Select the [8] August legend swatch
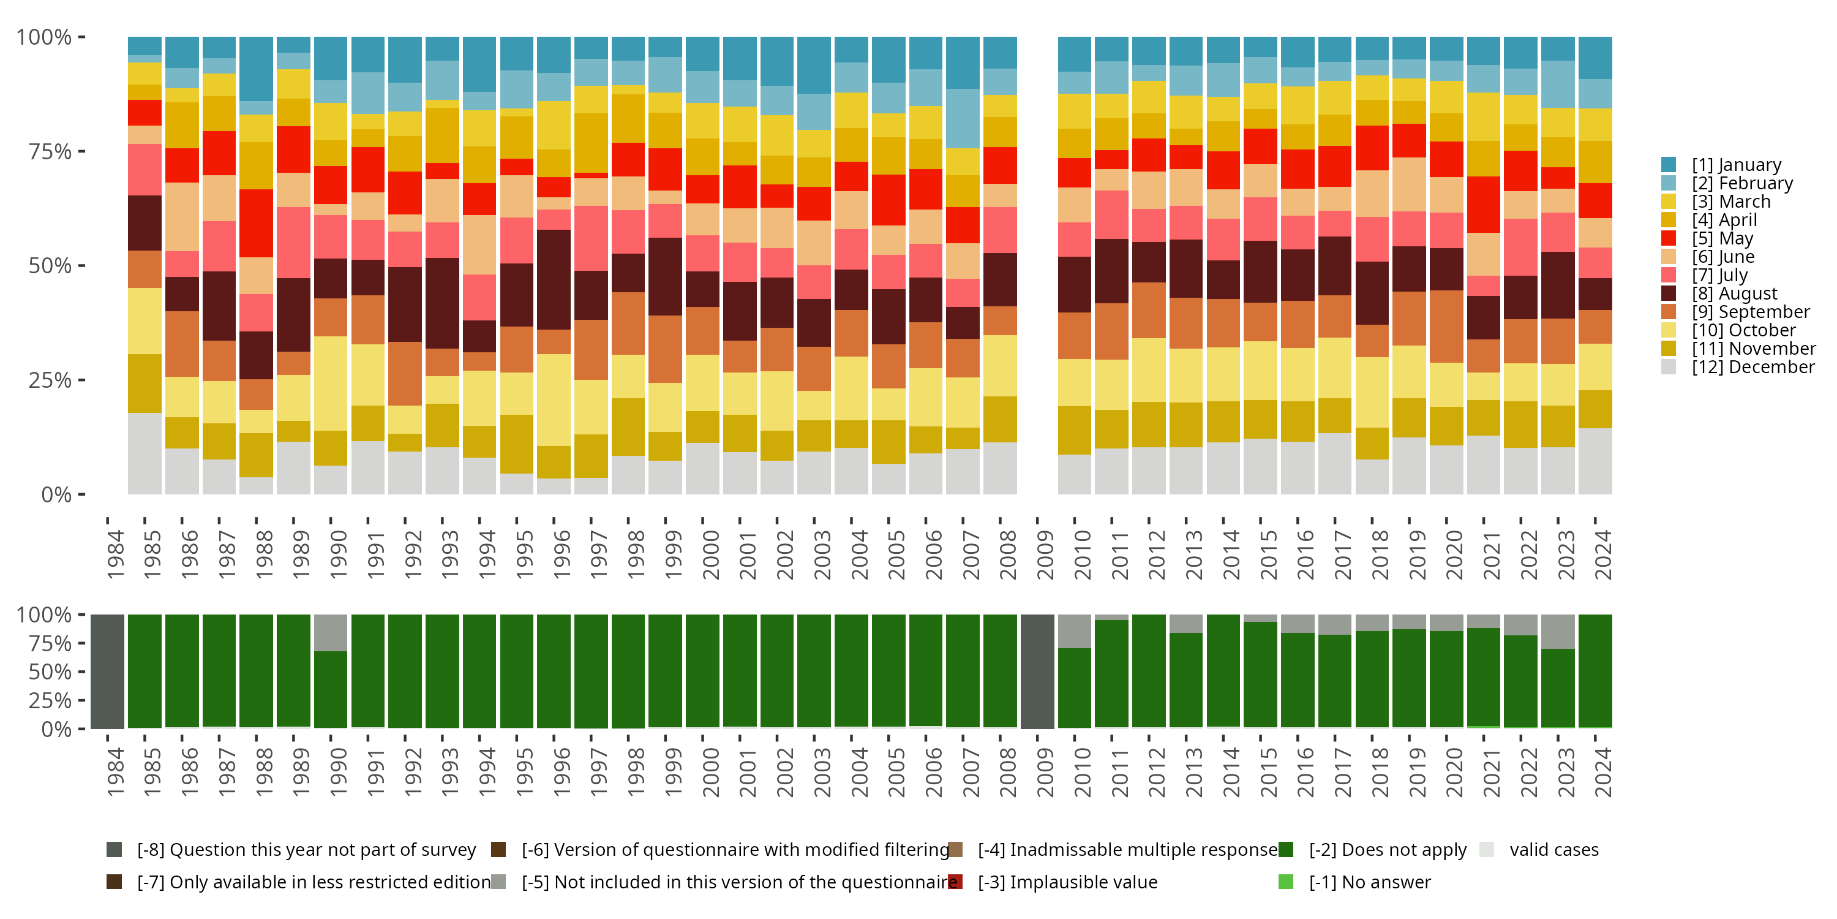click(x=1669, y=293)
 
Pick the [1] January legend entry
click(x=1736, y=165)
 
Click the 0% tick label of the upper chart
click(x=56, y=494)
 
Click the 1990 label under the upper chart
click(x=338, y=554)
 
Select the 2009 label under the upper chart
click(x=1044, y=554)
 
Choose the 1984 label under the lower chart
click(x=115, y=773)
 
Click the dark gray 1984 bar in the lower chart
click(x=108, y=671)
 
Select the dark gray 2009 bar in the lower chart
click(x=1037, y=671)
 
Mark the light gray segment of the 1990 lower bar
click(x=331, y=632)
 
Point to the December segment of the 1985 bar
click(x=145, y=453)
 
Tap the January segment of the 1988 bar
click(x=256, y=69)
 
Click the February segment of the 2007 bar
click(x=963, y=118)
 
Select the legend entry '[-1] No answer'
click(x=1369, y=883)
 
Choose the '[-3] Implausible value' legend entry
click(x=1067, y=883)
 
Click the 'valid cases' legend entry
click(x=1553, y=850)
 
